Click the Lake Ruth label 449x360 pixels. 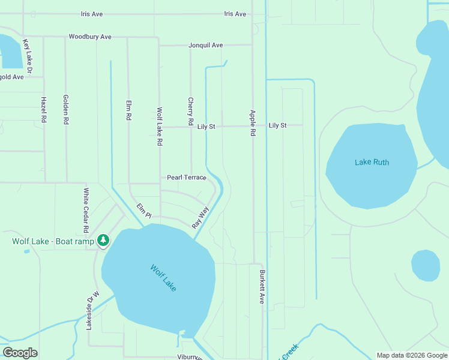tap(372, 163)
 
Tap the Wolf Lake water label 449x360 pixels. tap(163, 278)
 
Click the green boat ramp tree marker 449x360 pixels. tap(103, 241)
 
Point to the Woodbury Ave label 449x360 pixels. tap(90, 37)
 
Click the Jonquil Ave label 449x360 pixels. tap(205, 45)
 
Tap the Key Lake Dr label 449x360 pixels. tap(26, 53)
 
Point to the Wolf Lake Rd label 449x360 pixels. tap(160, 127)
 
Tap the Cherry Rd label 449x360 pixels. tap(191, 112)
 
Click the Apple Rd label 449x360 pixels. tap(253, 122)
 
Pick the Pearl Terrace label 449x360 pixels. tap(187, 178)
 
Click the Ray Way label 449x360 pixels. tap(200, 217)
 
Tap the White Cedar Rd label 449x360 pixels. tap(86, 210)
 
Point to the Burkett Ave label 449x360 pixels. tap(262, 287)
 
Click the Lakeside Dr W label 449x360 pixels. tap(92, 310)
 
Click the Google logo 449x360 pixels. tap(20, 353)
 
